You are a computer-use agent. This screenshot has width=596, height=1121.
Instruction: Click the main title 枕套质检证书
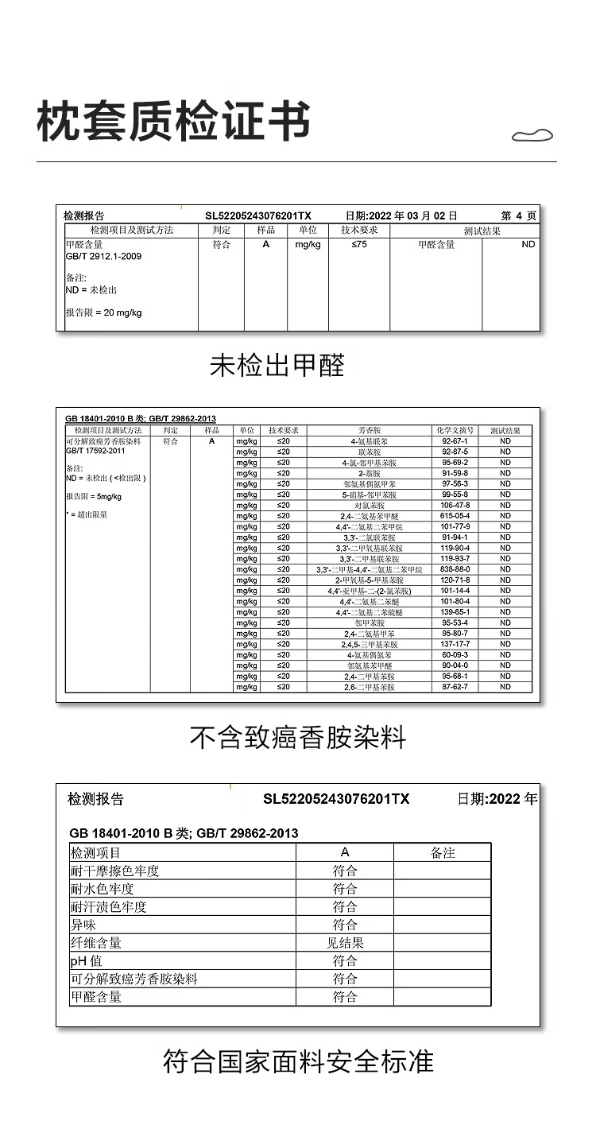click(173, 122)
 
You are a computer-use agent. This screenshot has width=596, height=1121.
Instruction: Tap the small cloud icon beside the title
click(532, 136)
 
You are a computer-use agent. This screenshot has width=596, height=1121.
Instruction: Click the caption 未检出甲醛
click(277, 366)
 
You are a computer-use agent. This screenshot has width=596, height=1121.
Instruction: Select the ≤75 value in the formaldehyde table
click(359, 245)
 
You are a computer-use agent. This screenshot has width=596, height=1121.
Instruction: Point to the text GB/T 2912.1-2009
click(103, 257)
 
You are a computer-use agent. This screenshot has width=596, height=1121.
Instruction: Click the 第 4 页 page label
click(519, 215)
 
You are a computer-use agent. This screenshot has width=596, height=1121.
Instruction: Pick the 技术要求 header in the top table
click(359, 230)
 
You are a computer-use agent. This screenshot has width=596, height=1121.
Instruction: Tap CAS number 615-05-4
click(455, 516)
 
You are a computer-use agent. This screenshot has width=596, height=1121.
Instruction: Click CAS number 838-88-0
click(455, 569)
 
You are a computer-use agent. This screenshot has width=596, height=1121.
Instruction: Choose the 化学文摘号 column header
click(455, 430)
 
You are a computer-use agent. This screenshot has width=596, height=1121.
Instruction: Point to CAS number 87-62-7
click(455, 687)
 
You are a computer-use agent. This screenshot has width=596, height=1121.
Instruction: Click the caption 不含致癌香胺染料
click(297, 738)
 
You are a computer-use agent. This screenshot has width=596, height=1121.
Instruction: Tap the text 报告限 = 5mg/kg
click(94, 497)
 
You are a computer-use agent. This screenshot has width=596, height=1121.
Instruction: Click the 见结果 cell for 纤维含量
click(345, 943)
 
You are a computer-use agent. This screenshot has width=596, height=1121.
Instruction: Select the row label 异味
click(83, 925)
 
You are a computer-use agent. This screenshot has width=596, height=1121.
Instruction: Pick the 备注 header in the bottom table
click(442, 852)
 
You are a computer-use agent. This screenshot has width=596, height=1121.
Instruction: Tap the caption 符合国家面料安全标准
click(298, 1061)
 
